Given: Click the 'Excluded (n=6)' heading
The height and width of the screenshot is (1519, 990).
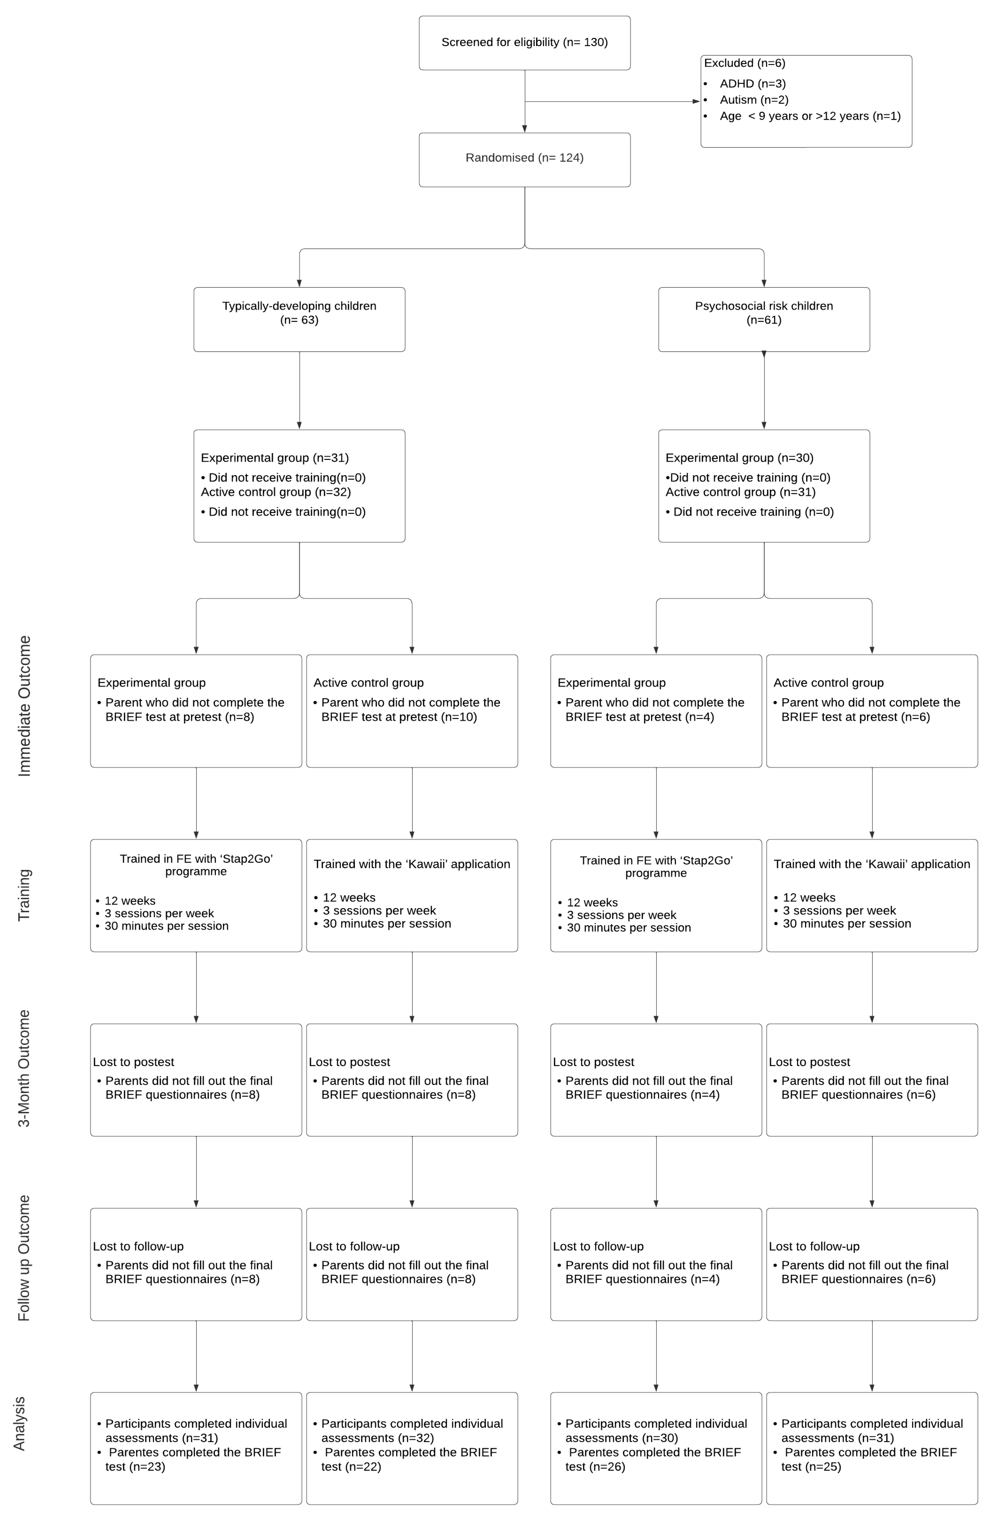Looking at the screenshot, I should [x=744, y=63].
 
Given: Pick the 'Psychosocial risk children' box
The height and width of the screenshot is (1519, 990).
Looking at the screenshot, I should [x=763, y=313].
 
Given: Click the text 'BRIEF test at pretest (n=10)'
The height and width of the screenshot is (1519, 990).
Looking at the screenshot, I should [x=399, y=717].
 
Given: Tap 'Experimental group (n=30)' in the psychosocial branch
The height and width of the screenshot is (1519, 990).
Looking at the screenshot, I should [x=739, y=458].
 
